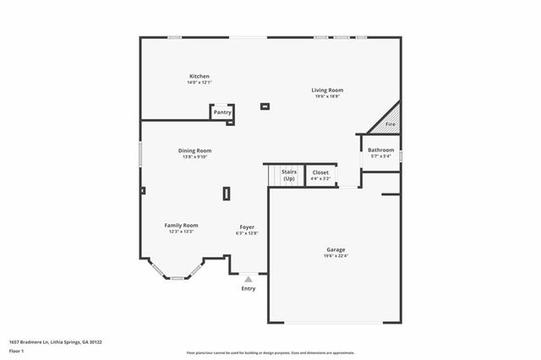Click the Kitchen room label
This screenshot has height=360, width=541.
[199, 76]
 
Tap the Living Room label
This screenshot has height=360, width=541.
[327, 90]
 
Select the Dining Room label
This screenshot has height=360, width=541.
[194, 150]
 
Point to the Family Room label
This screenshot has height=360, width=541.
[181, 225]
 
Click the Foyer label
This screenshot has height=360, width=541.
[247, 226]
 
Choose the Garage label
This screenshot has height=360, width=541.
[336, 249]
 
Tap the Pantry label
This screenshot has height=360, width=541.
[222, 112]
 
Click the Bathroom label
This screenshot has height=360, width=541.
[380, 150]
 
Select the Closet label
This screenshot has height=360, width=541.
[320, 172]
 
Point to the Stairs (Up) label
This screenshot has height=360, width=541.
[289, 175]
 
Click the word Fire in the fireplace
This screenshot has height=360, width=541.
[391, 124]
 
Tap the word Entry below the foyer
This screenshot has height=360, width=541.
[249, 288]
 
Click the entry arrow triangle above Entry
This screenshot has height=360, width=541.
[249, 278]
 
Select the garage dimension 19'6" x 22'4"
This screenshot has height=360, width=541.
[336, 255]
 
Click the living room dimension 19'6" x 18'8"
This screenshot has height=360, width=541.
[327, 95]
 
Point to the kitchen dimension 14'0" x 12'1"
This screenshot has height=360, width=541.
[199, 82]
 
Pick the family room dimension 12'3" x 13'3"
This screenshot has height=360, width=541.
[181, 231]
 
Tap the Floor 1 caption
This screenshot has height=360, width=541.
[16, 351]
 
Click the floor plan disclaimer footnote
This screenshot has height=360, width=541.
[270, 352]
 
